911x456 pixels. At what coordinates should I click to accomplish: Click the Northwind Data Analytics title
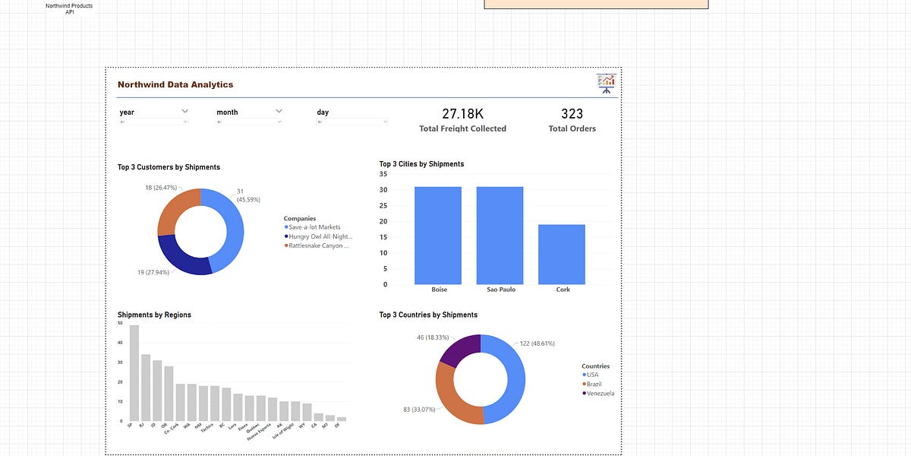175,84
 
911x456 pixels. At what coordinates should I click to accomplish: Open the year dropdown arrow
184,111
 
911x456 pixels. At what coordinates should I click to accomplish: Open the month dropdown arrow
279,111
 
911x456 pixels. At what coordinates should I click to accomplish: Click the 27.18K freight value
462,114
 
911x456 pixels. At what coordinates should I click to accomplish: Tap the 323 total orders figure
572,114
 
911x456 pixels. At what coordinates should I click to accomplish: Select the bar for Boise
439,236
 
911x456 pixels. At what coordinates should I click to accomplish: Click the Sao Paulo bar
500,236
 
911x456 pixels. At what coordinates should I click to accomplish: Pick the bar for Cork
562,255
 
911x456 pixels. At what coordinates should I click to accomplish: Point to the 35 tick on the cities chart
383,174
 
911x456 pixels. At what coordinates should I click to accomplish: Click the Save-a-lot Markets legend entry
314,227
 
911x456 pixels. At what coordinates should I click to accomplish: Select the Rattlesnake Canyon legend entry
318,245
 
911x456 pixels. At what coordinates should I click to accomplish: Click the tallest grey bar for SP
134,372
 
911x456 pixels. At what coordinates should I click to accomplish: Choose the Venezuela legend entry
601,393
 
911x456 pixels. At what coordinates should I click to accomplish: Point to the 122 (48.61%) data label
537,344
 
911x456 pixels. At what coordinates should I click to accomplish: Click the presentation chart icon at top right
606,84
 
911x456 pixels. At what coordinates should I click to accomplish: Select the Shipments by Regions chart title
154,315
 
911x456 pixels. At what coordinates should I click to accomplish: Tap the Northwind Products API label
69,9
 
